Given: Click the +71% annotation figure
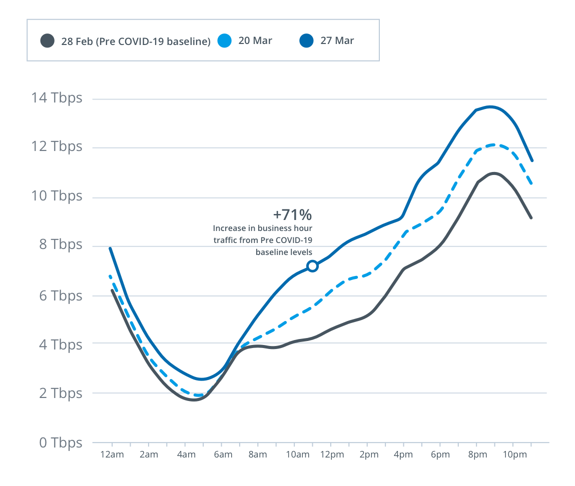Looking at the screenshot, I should tap(292, 215).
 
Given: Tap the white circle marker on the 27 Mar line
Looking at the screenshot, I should tap(312, 266).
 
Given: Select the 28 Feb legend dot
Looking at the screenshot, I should tap(48, 40).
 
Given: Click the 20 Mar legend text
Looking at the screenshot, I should tap(255, 40).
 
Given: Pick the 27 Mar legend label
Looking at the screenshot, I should tap(337, 40).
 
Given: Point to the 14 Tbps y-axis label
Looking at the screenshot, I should tap(57, 98).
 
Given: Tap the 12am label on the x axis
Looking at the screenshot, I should tap(112, 454).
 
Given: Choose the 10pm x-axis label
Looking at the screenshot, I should tap(514, 454).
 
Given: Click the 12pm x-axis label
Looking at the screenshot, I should tap(332, 454).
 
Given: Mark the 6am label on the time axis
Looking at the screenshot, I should tap(223, 454).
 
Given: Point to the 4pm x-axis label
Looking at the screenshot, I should tap(403, 454).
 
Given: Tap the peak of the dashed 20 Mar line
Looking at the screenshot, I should tap(493, 144).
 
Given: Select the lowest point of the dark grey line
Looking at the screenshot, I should tap(194, 400).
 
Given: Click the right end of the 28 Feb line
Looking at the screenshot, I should tap(531, 218).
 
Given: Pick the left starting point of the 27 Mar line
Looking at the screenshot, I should tap(110, 248).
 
